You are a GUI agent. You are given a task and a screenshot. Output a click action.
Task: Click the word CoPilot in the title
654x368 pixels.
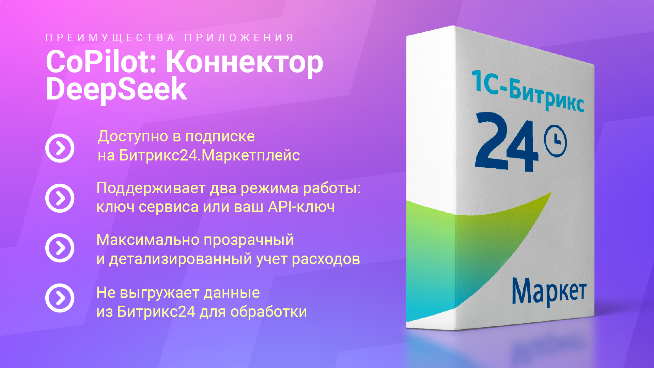coord(101,62)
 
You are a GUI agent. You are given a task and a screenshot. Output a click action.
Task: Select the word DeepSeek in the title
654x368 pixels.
coord(116,89)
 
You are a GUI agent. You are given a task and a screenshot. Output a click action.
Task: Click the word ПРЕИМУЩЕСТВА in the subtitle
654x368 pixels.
coord(110,37)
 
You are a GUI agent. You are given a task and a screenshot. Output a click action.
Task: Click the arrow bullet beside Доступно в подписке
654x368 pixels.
coord(60,148)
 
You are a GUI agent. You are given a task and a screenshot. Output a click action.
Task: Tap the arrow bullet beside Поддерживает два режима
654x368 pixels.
coord(60,198)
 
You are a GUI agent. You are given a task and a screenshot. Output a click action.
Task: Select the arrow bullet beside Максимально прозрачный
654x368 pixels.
coord(60,248)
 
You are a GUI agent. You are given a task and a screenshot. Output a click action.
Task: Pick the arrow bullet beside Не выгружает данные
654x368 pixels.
coord(60,298)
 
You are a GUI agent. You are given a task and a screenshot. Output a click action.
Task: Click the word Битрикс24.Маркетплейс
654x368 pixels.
coord(209,156)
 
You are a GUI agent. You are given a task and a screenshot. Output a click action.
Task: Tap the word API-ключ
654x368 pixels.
coord(301,206)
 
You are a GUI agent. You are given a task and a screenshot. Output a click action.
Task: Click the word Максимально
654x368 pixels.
coord(148,240)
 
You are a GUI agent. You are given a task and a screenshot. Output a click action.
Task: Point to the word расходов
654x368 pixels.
coord(326,259)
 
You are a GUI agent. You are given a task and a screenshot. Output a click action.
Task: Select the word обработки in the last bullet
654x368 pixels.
coord(269,311)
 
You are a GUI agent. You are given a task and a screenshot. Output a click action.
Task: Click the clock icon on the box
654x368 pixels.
coord(555,141)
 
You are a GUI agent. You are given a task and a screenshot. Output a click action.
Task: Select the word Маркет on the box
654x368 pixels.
coord(549,291)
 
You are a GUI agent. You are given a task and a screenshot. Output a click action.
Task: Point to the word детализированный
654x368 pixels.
coord(181,259)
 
